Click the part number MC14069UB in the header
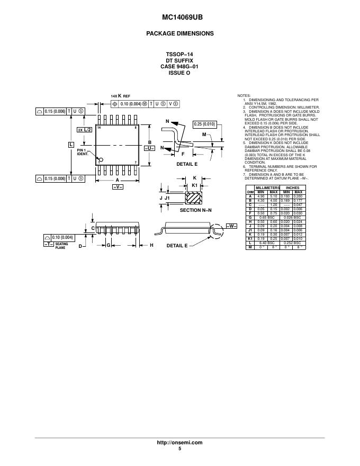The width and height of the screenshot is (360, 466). (179, 17)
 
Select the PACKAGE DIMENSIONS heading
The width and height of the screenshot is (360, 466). (179, 33)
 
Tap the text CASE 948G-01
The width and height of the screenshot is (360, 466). (179, 67)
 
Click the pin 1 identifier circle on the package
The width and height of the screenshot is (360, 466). (102, 160)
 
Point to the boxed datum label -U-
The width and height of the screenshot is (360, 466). (149, 148)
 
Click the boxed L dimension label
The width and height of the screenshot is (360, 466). (70, 144)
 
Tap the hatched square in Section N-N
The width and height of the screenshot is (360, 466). (194, 198)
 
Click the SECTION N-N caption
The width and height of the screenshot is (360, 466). (195, 211)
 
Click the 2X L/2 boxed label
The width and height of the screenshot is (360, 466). (84, 129)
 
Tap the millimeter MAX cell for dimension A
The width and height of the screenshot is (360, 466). (274, 196)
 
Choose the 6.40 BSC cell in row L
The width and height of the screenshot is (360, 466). (267, 243)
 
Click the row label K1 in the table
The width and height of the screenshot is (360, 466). (250, 239)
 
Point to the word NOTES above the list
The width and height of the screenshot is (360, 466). (244, 95)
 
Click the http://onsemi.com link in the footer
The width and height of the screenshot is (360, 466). (180, 443)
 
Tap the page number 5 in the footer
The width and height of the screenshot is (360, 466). (180, 449)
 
